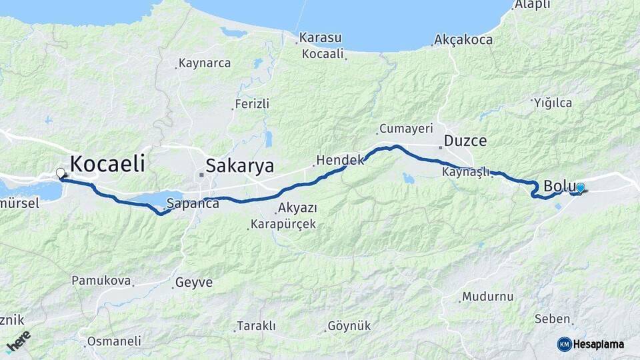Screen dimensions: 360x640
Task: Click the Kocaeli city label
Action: [107, 163]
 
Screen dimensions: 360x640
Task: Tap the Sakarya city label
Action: [239, 165]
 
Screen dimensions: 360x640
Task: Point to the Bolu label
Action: [559, 186]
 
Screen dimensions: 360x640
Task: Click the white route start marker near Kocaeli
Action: [61, 173]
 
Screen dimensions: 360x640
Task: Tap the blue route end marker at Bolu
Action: [580, 189]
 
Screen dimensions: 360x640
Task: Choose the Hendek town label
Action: [340, 160]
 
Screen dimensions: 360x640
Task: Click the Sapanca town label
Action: [193, 203]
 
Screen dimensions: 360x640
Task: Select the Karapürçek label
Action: [283, 224]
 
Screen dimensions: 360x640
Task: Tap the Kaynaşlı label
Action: [465, 172]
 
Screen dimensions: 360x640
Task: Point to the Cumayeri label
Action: [406, 128]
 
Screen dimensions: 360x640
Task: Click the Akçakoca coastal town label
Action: [463, 40]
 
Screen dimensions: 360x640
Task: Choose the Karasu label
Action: [320, 37]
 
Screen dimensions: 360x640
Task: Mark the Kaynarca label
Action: [205, 63]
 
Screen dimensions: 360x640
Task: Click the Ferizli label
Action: [252, 104]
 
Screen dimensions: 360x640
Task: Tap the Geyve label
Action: [194, 283]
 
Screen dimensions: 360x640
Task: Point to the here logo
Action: [19, 341]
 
